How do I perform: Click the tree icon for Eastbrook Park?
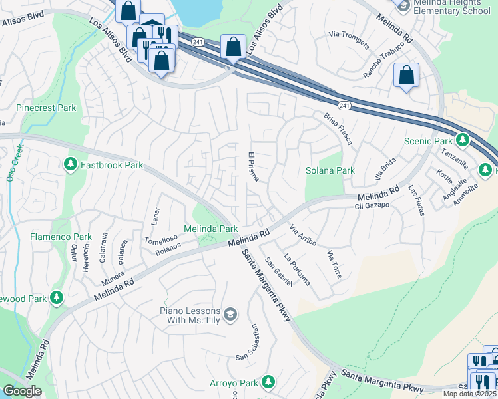(x=70, y=164)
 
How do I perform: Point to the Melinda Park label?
(x=210, y=228)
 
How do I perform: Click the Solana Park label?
(x=330, y=170)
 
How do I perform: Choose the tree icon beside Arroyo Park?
(x=268, y=382)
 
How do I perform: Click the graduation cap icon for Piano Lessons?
(x=230, y=315)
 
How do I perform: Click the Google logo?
(x=22, y=391)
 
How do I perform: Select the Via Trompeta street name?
(x=350, y=40)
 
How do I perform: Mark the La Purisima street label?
(x=296, y=269)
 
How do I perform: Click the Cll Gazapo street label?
(x=372, y=206)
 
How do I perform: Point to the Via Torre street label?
(x=334, y=263)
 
